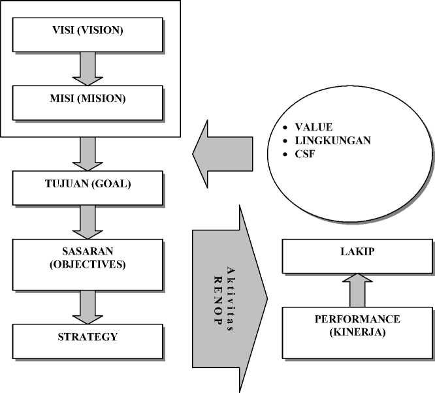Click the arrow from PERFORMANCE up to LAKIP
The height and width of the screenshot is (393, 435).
357,290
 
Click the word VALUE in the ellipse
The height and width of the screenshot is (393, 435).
314,126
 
